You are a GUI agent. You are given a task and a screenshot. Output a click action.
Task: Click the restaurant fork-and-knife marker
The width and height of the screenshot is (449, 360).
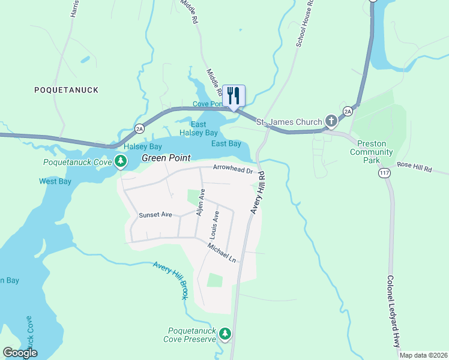coord(234,95)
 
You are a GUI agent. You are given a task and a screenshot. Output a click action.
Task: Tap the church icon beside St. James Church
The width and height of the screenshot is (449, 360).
coord(331,121)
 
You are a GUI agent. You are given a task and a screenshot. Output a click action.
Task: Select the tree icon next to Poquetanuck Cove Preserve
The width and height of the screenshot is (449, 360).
coord(225,333)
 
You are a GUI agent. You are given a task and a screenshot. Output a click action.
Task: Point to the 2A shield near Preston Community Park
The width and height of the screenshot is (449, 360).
coord(348,111)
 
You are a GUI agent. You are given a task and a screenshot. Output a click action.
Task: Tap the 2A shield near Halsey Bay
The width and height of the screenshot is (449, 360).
coord(140,128)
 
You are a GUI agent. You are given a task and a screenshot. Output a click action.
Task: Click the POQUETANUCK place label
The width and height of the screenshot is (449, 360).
coord(66,90)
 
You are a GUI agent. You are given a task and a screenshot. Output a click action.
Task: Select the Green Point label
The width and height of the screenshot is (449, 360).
coord(166,158)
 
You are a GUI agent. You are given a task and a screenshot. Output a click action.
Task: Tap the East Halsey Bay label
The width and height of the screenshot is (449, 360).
coord(199,128)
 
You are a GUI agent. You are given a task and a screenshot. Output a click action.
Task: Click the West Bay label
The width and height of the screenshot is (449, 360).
coord(55,181)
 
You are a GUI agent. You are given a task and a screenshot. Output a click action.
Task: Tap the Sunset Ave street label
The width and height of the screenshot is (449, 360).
coord(155,215)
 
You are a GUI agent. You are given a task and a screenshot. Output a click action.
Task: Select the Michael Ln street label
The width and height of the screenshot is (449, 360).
coord(222,253)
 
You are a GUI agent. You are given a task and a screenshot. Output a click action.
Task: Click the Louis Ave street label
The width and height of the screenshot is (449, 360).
coord(215,224)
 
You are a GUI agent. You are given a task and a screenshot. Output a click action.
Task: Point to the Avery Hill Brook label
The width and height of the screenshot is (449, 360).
coord(171,280)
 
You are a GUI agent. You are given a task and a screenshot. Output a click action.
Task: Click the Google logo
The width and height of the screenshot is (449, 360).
coord(20,353)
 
